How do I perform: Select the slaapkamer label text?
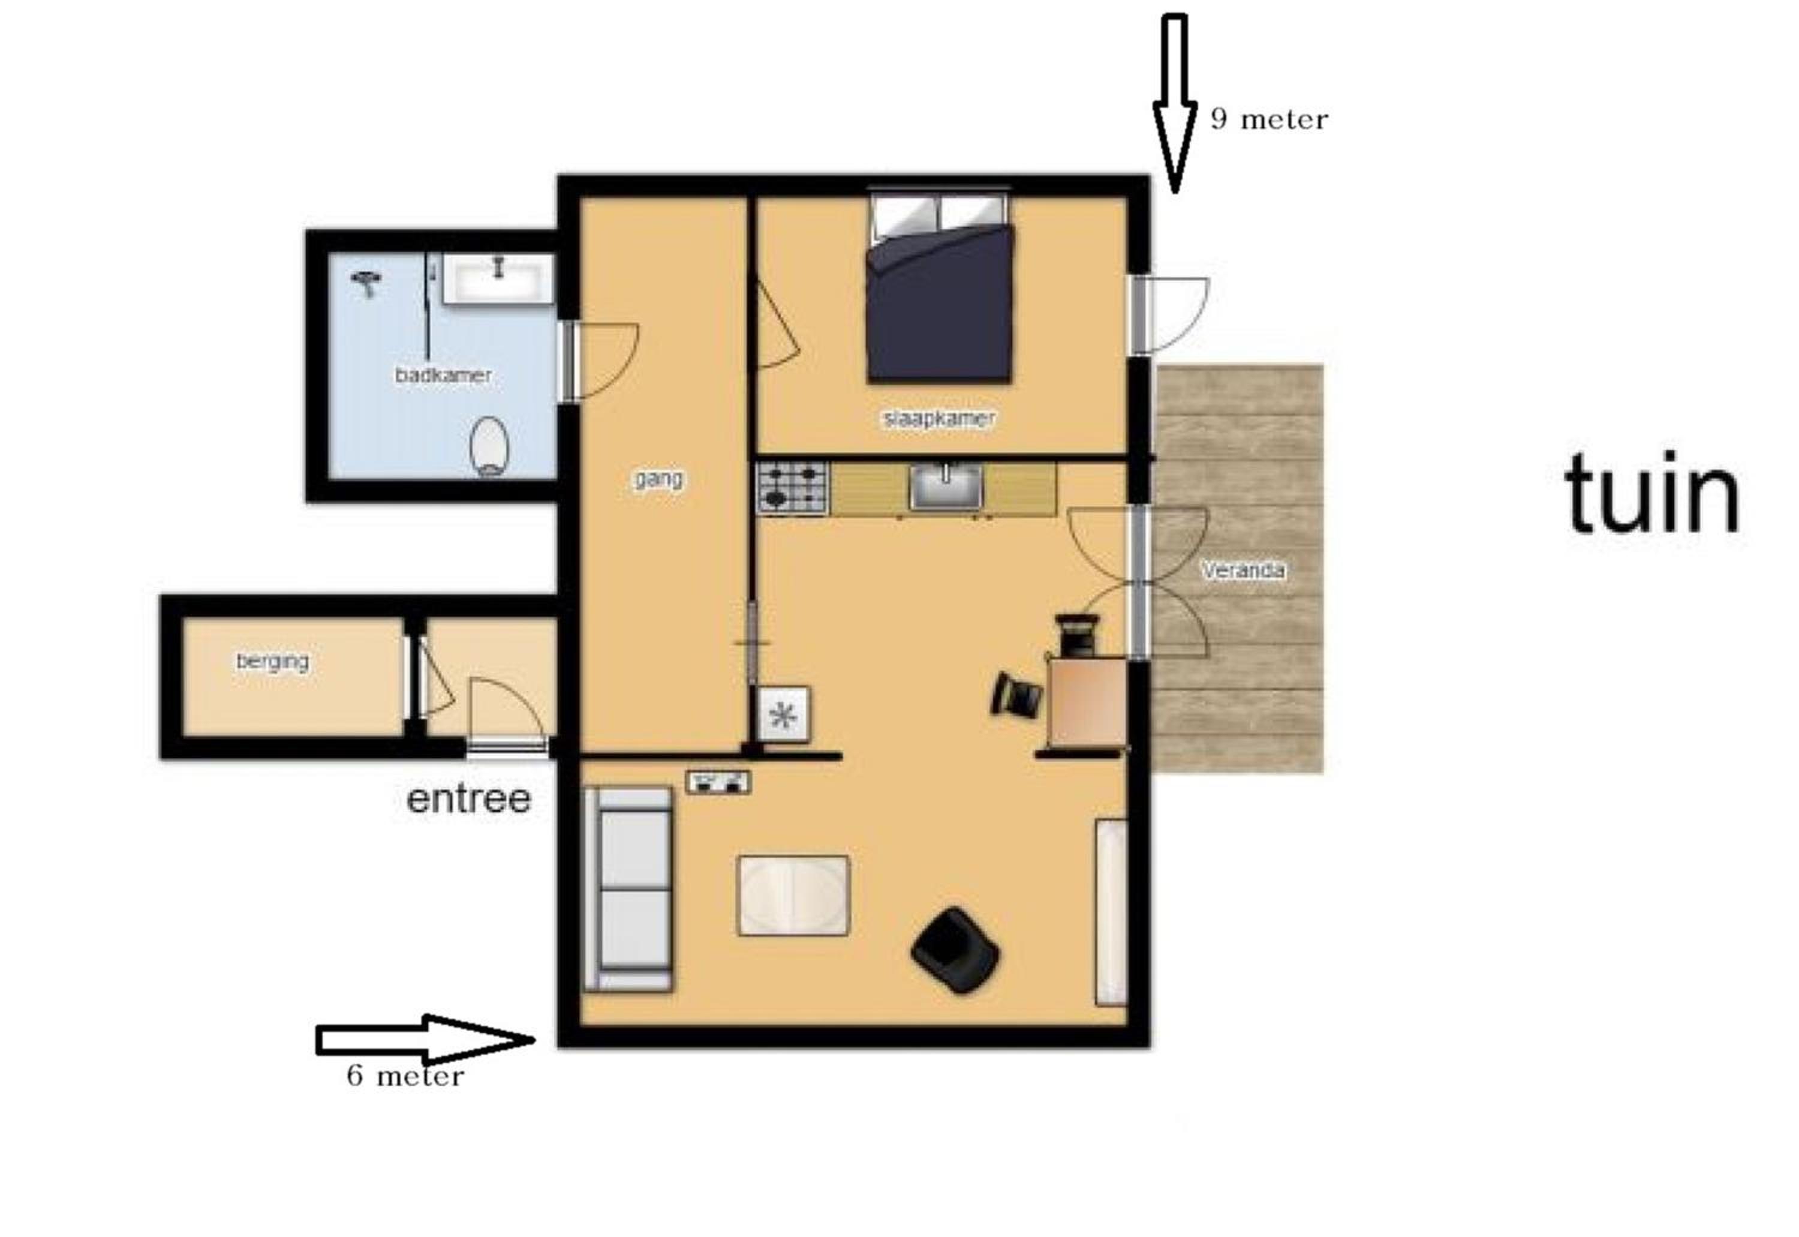(939, 419)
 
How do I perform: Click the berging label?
(273, 662)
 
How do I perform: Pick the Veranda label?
(1243, 571)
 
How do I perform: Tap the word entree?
(469, 798)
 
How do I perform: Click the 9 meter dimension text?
(1269, 119)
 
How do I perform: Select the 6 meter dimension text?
(405, 1076)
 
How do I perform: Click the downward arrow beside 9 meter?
(1175, 103)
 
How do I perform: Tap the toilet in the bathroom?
(490, 447)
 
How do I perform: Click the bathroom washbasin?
(498, 278)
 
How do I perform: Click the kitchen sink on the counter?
(945, 487)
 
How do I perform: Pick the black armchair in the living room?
(955, 950)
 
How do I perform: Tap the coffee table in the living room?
(793, 895)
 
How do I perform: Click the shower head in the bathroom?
(366, 284)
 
